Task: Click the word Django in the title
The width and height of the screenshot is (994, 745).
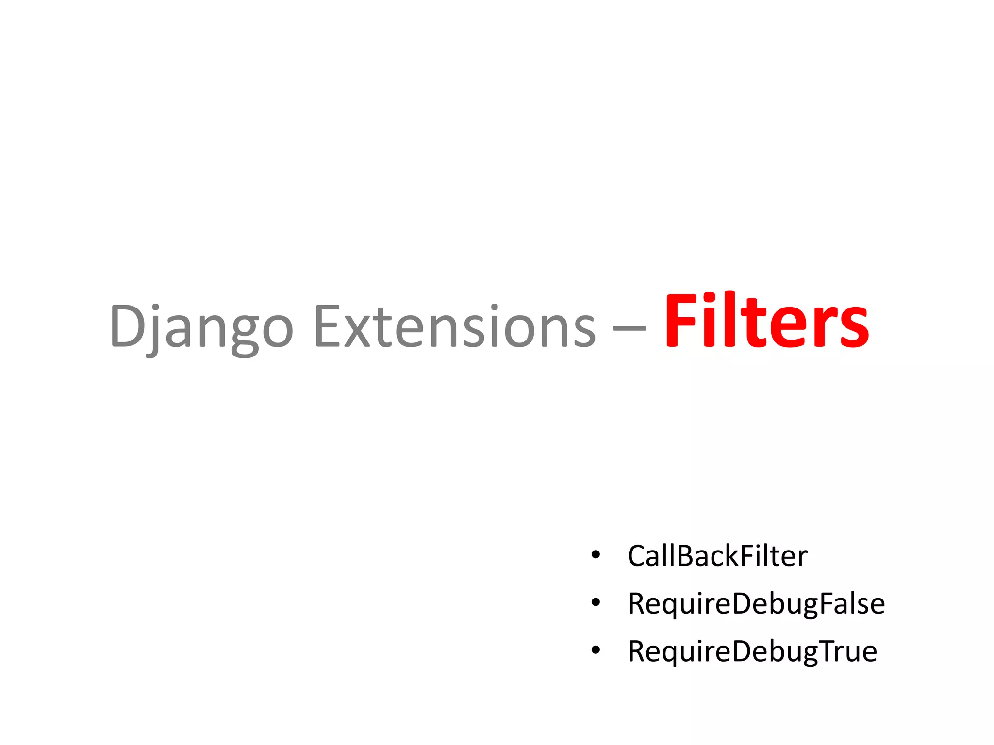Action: [201, 326]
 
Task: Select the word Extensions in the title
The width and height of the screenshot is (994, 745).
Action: [455, 326]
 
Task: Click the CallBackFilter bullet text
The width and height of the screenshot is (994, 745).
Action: [717, 556]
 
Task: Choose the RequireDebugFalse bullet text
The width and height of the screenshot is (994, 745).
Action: [756, 604]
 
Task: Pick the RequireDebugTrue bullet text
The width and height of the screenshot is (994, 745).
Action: [752, 651]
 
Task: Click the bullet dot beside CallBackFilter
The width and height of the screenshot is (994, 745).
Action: [596, 554]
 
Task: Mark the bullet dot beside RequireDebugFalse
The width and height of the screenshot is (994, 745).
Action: [596, 602]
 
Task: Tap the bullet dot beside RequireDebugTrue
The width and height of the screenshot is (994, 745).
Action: [596, 650]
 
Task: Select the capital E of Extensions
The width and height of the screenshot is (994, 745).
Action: [329, 325]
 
